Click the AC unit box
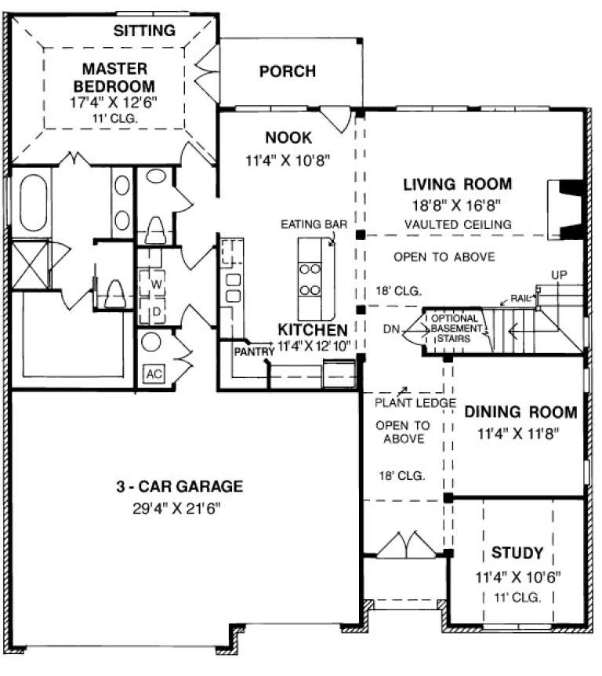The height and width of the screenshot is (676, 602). (x=153, y=373)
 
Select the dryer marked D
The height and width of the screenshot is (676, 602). (x=154, y=310)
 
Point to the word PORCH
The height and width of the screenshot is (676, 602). (x=287, y=71)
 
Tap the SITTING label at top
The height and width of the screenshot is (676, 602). (x=144, y=31)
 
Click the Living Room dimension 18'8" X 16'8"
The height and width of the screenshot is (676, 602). (x=457, y=205)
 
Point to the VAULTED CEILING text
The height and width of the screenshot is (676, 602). (x=458, y=224)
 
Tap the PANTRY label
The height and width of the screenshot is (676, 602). (x=252, y=351)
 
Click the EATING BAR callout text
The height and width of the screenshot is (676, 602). (x=314, y=224)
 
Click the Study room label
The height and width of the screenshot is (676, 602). (x=511, y=554)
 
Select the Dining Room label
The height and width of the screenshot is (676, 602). (x=520, y=412)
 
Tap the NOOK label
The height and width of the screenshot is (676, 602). (x=288, y=138)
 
